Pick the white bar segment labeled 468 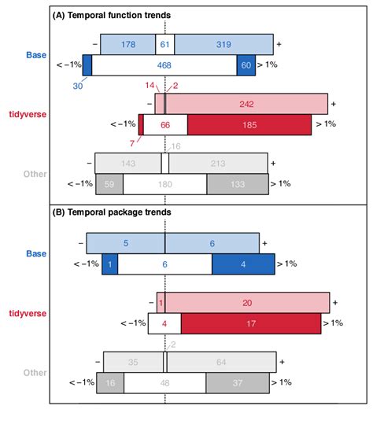pos(164,65)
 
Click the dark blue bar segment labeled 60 pos(246,65)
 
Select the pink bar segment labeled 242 pos(246,104)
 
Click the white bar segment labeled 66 pos(165,124)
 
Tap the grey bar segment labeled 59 pos(109,184)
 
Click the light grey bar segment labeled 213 pos(218,164)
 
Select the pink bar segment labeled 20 pos(246,302)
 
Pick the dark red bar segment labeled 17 pos(250,323)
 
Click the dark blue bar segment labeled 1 pos(109,264)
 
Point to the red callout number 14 pos(150,85)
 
